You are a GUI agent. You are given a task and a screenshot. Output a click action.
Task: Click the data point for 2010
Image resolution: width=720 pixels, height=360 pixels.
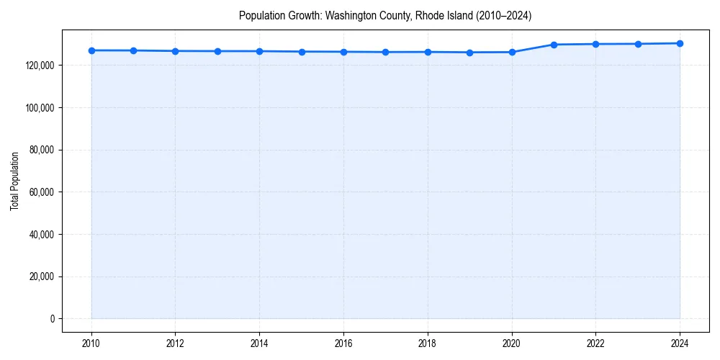[91, 50]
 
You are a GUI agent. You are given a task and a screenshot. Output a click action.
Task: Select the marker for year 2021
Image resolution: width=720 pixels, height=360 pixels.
[554, 45]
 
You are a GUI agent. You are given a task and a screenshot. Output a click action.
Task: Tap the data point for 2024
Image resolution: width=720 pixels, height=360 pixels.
[680, 43]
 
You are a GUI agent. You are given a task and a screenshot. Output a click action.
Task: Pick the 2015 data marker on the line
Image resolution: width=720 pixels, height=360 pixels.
[302, 52]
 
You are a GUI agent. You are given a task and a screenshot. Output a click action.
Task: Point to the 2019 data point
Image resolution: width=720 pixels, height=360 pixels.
[469, 53]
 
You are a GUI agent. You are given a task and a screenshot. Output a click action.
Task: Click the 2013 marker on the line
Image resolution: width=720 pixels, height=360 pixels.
[217, 51]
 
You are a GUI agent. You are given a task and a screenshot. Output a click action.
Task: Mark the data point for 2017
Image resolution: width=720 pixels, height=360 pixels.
[385, 52]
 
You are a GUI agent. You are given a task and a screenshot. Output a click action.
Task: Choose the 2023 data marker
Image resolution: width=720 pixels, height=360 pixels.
[638, 44]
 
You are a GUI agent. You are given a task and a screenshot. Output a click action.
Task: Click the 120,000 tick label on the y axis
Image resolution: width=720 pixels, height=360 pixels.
[40, 66]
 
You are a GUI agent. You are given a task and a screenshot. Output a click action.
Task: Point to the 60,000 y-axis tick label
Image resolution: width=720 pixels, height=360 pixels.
[42, 192]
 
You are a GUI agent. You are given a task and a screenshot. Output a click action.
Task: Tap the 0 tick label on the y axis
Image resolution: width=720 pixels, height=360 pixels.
[52, 319]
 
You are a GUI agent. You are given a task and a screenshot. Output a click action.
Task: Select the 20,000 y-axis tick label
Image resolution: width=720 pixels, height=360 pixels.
[42, 276]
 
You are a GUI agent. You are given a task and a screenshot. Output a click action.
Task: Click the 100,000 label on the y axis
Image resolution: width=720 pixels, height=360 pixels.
[40, 108]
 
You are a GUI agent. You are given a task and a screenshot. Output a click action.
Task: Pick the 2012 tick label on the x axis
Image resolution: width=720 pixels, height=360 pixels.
[175, 343]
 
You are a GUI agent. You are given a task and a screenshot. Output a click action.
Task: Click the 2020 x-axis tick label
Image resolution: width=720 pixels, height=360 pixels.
[512, 343]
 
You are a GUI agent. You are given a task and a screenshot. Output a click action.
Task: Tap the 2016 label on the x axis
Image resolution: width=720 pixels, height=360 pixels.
[343, 343]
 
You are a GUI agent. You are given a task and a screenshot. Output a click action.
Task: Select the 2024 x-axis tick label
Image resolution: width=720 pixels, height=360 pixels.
[680, 343]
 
